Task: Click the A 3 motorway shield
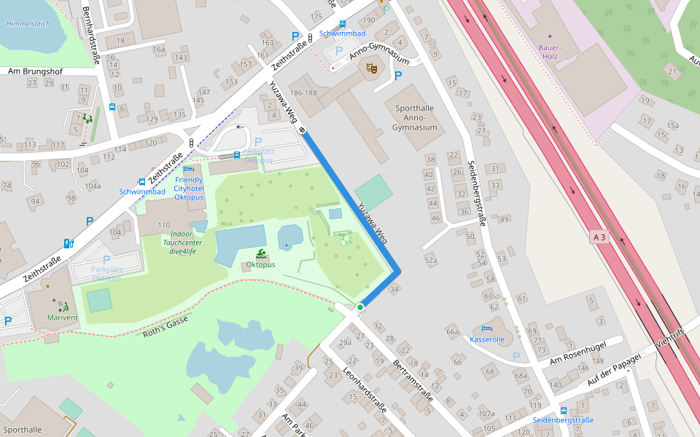click(x=599, y=237)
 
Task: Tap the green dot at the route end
click(x=360, y=307)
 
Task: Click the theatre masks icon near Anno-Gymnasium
click(x=372, y=68)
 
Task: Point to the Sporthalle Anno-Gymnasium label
click(x=414, y=118)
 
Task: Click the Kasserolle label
click(x=488, y=339)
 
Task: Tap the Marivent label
click(x=62, y=318)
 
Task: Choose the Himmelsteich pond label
click(x=28, y=23)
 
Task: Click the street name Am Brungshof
click(x=34, y=71)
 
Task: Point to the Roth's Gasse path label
click(x=166, y=326)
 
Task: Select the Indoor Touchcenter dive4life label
click(x=179, y=243)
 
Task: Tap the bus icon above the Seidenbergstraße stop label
click(x=563, y=411)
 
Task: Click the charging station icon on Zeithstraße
click(x=69, y=243)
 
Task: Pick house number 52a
click(x=431, y=260)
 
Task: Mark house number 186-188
click(x=303, y=93)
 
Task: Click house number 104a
click(x=93, y=186)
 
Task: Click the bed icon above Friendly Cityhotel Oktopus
click(x=189, y=169)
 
